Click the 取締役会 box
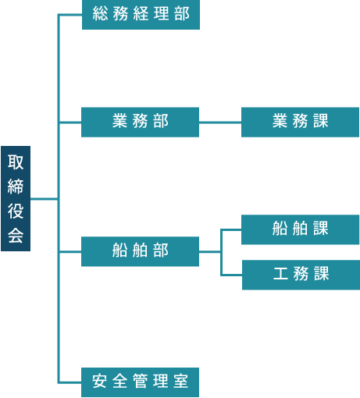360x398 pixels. [x=16, y=198]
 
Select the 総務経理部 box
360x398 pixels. [x=141, y=14]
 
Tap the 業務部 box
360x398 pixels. [x=140, y=122]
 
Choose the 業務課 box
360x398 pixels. [x=300, y=122]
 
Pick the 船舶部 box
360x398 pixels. [x=140, y=251]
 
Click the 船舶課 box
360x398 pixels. [x=300, y=229]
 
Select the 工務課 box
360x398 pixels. [x=301, y=275]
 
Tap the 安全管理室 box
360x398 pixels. [x=140, y=382]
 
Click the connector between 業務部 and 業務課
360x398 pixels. [x=220, y=123]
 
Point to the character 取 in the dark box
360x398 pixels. [x=16, y=162]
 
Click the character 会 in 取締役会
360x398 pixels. [x=16, y=236]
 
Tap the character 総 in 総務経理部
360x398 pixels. [x=100, y=13]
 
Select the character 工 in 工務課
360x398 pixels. [x=280, y=273]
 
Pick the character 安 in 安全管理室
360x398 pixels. [x=99, y=381]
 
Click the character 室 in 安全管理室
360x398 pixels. [x=180, y=381]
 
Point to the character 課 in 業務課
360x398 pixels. [x=321, y=121]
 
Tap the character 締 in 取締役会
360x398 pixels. [x=16, y=187]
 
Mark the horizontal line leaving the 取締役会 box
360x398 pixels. [x=44, y=199]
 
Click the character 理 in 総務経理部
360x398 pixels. [x=161, y=13]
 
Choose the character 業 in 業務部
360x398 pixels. [x=119, y=121]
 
